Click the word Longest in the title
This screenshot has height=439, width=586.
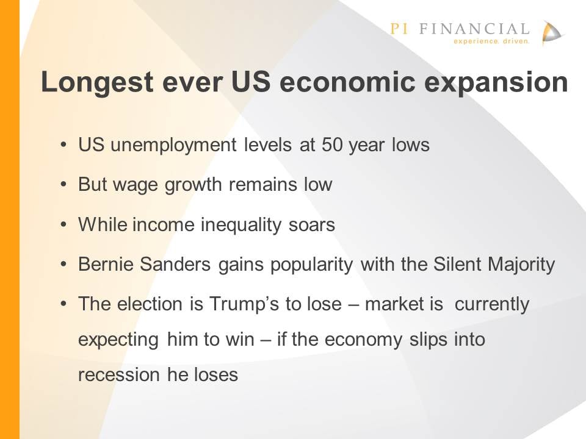pyautogui.click(x=97, y=82)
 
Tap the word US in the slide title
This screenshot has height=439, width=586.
pyautogui.click(x=251, y=81)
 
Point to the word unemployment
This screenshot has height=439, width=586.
pyautogui.click(x=173, y=145)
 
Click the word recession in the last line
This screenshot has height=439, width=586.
pyautogui.click(x=118, y=375)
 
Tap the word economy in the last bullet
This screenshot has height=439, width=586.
pyautogui.click(x=363, y=340)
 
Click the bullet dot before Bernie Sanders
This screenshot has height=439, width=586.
pyautogui.click(x=64, y=264)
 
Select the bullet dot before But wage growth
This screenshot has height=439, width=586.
pyautogui.click(x=64, y=184)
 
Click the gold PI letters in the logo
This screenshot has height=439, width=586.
pyautogui.click(x=399, y=29)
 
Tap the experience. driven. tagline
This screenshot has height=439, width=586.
pyautogui.click(x=491, y=41)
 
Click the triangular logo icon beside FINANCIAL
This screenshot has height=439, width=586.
pyautogui.click(x=552, y=34)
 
